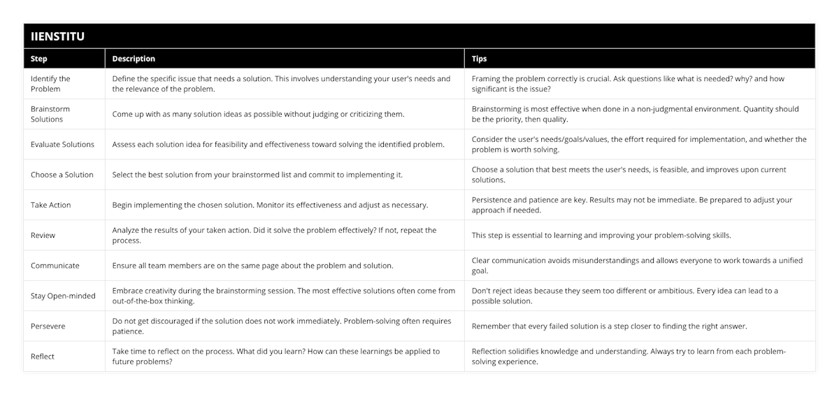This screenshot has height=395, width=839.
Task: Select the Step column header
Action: tap(39, 59)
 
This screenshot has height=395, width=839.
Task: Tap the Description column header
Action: tap(134, 59)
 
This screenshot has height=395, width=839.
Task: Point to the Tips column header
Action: tap(480, 59)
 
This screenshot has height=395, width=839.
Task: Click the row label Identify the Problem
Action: tap(50, 84)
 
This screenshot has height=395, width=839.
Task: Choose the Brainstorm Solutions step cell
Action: tap(50, 114)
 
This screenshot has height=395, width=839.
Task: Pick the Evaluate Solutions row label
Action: tap(62, 145)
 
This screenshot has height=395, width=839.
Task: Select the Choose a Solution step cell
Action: tap(62, 175)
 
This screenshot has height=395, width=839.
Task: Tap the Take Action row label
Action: tap(51, 205)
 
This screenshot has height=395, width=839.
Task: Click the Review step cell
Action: tap(43, 236)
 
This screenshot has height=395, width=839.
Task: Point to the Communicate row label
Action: tap(55, 266)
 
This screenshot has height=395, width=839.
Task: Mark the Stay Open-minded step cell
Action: tap(63, 296)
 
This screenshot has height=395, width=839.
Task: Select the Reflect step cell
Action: tap(43, 357)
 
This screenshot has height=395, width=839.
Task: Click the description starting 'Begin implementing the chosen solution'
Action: tap(271, 205)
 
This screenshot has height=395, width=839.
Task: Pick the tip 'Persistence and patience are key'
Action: tap(632, 205)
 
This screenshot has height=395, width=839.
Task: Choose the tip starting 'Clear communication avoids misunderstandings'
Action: tap(637, 266)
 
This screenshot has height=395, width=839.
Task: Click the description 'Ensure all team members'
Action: tap(252, 266)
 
